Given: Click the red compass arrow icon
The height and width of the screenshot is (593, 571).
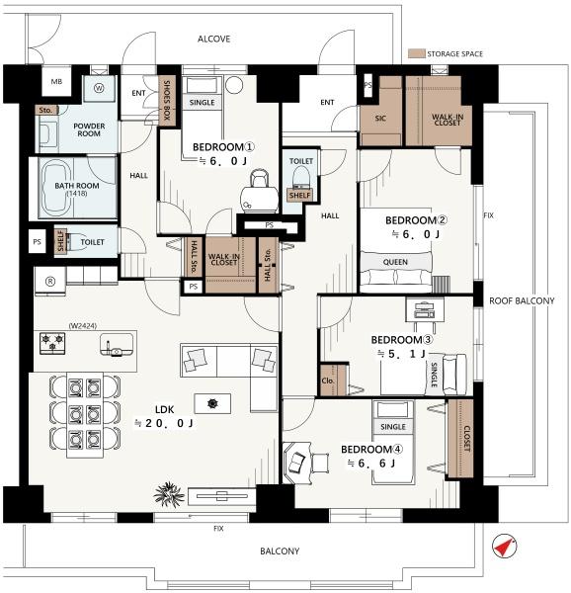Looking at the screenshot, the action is coord(504,547).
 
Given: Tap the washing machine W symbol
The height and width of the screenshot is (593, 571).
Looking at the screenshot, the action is coord(99,88).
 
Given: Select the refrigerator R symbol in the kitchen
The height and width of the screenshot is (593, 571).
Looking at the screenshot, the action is coord(49,281).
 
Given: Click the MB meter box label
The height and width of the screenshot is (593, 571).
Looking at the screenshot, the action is coord(56,81).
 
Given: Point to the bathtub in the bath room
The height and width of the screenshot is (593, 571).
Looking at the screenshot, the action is coord(57,187).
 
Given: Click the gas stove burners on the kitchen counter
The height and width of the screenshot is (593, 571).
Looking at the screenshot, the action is coord(52,343).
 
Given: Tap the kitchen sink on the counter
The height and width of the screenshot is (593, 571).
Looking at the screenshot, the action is coord(117,344).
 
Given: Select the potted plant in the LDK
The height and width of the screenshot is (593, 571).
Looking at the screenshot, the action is coord(169,493).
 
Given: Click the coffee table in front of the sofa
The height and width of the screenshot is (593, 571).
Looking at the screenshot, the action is coord(212,403).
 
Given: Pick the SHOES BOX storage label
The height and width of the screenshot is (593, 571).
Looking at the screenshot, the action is coord(167,100).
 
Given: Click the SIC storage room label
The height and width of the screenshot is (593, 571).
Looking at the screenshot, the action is coord(380,119).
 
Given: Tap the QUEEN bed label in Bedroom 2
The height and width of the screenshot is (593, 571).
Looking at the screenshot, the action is coord(395,262).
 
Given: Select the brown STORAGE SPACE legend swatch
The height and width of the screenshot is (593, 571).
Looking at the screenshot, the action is coord(417,53).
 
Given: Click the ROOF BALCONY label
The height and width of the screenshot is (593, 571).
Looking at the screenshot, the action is coord(522,301).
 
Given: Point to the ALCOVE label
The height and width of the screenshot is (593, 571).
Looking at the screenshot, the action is coord(214,39).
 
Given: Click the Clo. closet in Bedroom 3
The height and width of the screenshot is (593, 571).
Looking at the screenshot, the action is coord(333,381).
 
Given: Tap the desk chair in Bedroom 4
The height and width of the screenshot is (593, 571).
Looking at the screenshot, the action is coord(320,463).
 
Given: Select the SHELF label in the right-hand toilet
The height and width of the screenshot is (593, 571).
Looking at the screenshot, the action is coord(299,195).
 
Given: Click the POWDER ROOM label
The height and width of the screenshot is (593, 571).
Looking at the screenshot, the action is coord(89,129).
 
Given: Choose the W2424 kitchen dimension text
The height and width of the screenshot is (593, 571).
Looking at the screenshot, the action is coord(83,325).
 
